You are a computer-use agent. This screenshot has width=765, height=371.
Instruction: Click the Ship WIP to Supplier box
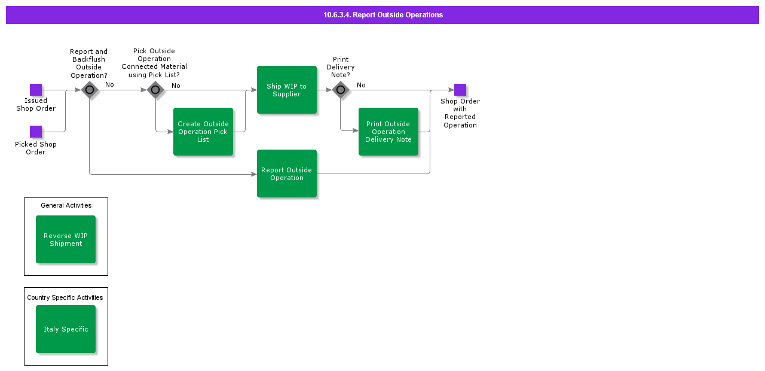[x=286, y=90]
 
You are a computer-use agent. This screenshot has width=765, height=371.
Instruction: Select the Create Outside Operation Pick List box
[x=203, y=132]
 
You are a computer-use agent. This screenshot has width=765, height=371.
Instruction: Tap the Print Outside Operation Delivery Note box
[x=388, y=132]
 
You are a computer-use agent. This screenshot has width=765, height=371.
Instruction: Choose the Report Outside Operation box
[x=286, y=174]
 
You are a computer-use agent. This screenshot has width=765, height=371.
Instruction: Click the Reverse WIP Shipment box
[x=66, y=239]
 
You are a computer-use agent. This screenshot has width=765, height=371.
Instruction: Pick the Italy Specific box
[x=66, y=329]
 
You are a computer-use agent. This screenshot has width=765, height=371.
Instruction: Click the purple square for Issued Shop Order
[x=36, y=90]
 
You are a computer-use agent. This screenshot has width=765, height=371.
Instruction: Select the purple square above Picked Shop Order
[x=36, y=132]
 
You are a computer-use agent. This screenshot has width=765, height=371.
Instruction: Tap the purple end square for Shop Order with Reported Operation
[x=460, y=90]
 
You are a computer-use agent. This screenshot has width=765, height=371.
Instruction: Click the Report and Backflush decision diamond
[x=90, y=90]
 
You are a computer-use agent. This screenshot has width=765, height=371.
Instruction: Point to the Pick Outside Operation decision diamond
[x=155, y=90]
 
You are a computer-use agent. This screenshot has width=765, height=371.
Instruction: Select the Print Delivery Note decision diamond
[x=341, y=90]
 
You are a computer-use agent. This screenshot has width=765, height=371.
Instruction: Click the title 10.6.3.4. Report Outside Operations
[x=383, y=15]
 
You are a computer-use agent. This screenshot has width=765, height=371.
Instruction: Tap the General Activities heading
[x=66, y=205]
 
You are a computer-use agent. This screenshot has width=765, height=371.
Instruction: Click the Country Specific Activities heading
[x=65, y=297]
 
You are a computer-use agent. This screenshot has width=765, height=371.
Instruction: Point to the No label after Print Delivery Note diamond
[x=361, y=85]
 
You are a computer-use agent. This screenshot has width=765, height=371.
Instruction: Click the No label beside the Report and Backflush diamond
[x=109, y=84]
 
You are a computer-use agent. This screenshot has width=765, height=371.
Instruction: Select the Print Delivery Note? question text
[x=341, y=67]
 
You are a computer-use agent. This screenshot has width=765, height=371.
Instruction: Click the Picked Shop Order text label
[x=36, y=148]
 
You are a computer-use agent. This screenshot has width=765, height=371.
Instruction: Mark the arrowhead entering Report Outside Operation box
[x=254, y=174]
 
